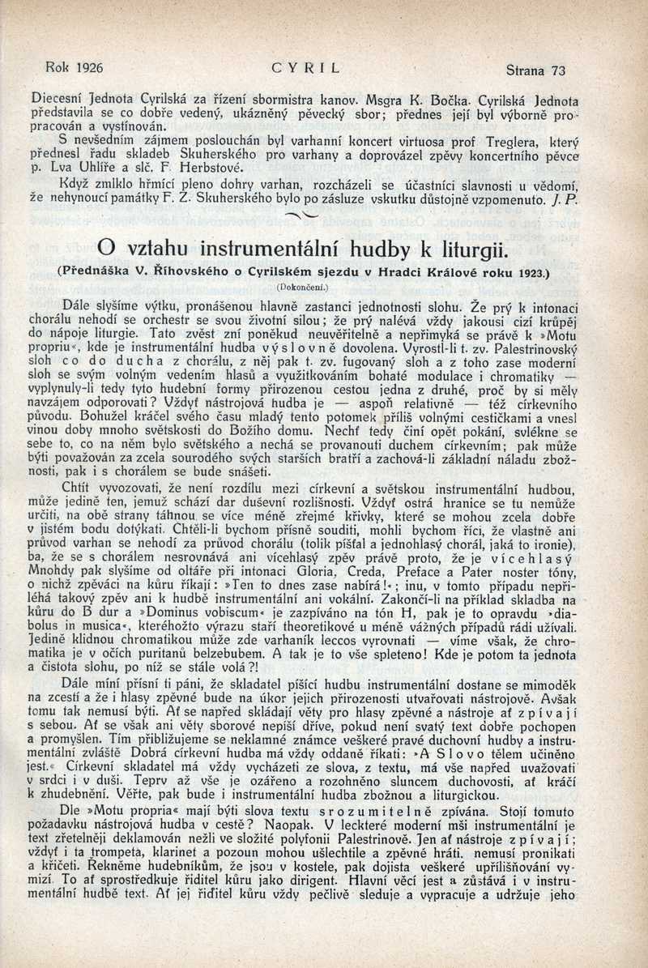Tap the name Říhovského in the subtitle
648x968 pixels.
click(179, 272)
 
